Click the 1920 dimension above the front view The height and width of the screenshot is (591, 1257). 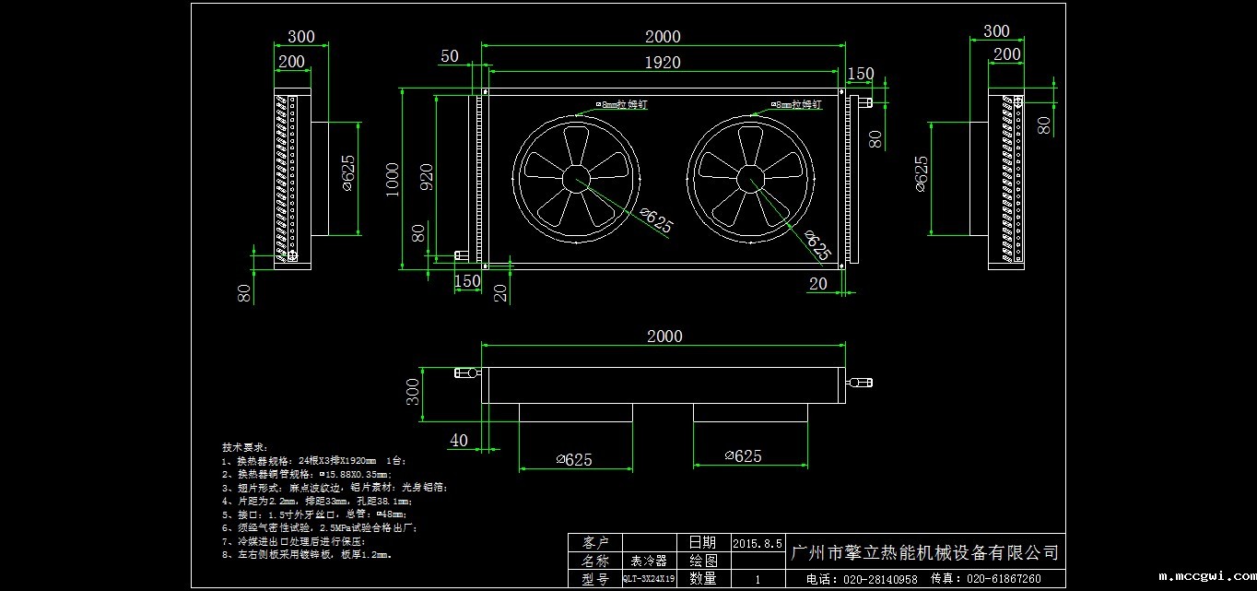click(663, 62)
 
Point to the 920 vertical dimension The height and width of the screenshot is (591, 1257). click(427, 176)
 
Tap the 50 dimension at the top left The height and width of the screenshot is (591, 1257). click(450, 56)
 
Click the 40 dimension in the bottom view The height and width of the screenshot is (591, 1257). click(458, 441)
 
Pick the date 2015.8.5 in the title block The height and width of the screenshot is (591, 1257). click(758, 543)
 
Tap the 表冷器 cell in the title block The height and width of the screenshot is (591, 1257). click(649, 561)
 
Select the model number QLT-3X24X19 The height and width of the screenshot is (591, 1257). click(649, 579)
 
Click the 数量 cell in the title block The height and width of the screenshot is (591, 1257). click(703, 579)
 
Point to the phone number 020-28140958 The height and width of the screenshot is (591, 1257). click(862, 579)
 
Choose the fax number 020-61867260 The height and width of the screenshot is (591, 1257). click(985, 579)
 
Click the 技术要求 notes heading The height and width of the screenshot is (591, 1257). click(243, 445)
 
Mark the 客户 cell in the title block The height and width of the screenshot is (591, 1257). click(594, 542)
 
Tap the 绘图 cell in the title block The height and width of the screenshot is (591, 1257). click(703, 561)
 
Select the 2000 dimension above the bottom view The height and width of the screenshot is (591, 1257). click(664, 337)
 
